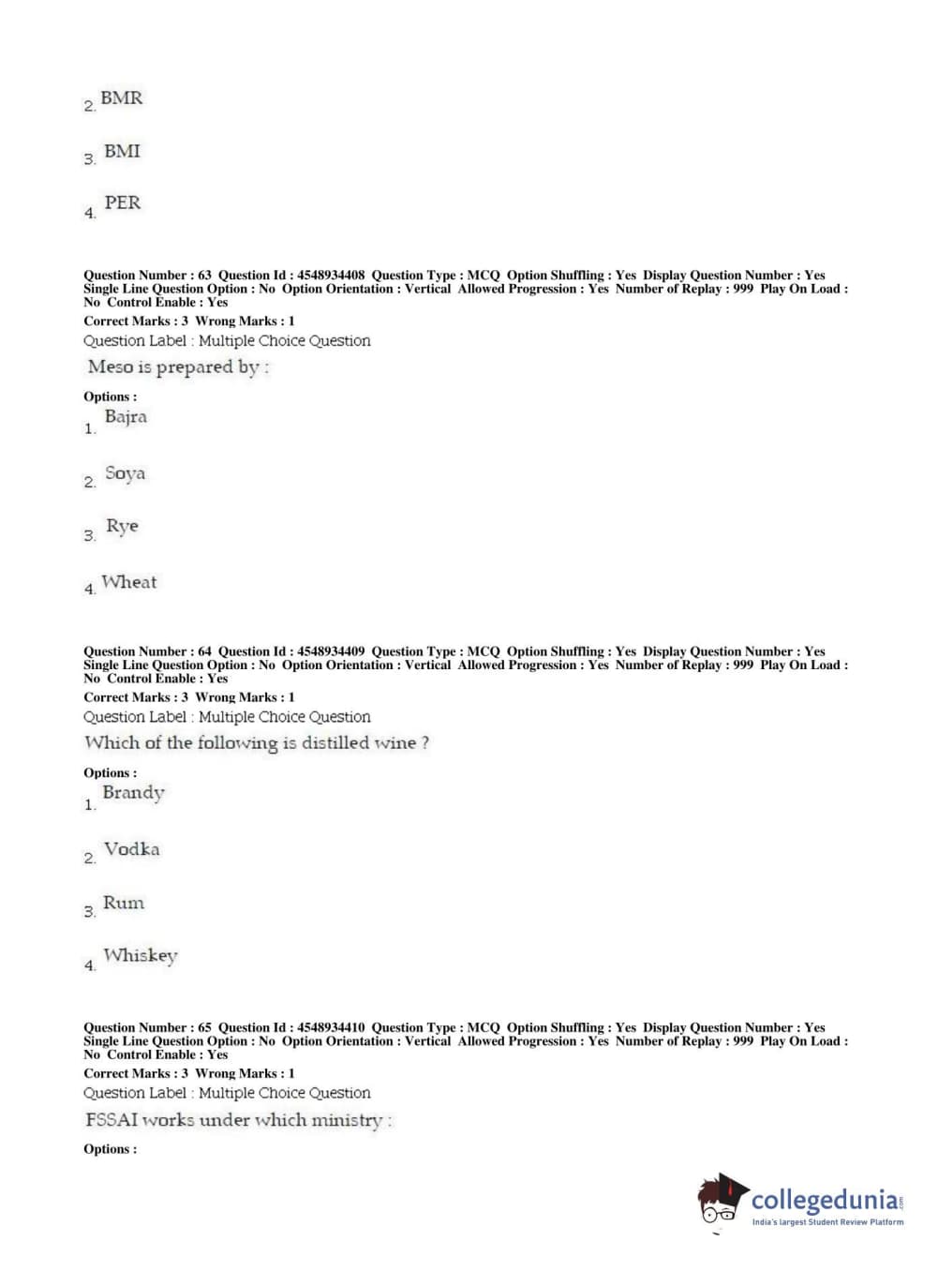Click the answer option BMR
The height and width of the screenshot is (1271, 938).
coord(121,97)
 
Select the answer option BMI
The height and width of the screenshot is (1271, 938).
coord(122,151)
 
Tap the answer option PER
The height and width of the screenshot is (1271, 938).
coord(122,203)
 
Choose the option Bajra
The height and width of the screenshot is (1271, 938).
coord(126,417)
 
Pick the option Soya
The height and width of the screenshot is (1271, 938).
coord(125,474)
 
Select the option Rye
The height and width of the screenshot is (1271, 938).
coord(122,526)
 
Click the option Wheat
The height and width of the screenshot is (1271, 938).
coord(129,582)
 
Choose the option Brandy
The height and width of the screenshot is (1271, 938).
coord(133,793)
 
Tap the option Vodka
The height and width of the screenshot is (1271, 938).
coord(131,849)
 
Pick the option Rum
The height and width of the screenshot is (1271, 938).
coord(123,903)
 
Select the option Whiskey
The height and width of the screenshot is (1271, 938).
coord(140,956)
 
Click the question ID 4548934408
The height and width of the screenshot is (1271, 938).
coord(331,276)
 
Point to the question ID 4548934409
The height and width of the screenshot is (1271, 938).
coord(331,651)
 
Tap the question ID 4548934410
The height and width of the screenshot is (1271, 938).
coord(331,1027)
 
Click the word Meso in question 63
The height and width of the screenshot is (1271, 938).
coord(109,367)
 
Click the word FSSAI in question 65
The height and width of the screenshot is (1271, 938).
coord(112,1120)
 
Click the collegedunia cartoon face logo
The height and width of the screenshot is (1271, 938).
coord(722,1200)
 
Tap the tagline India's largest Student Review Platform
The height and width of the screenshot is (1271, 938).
coord(827,1222)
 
